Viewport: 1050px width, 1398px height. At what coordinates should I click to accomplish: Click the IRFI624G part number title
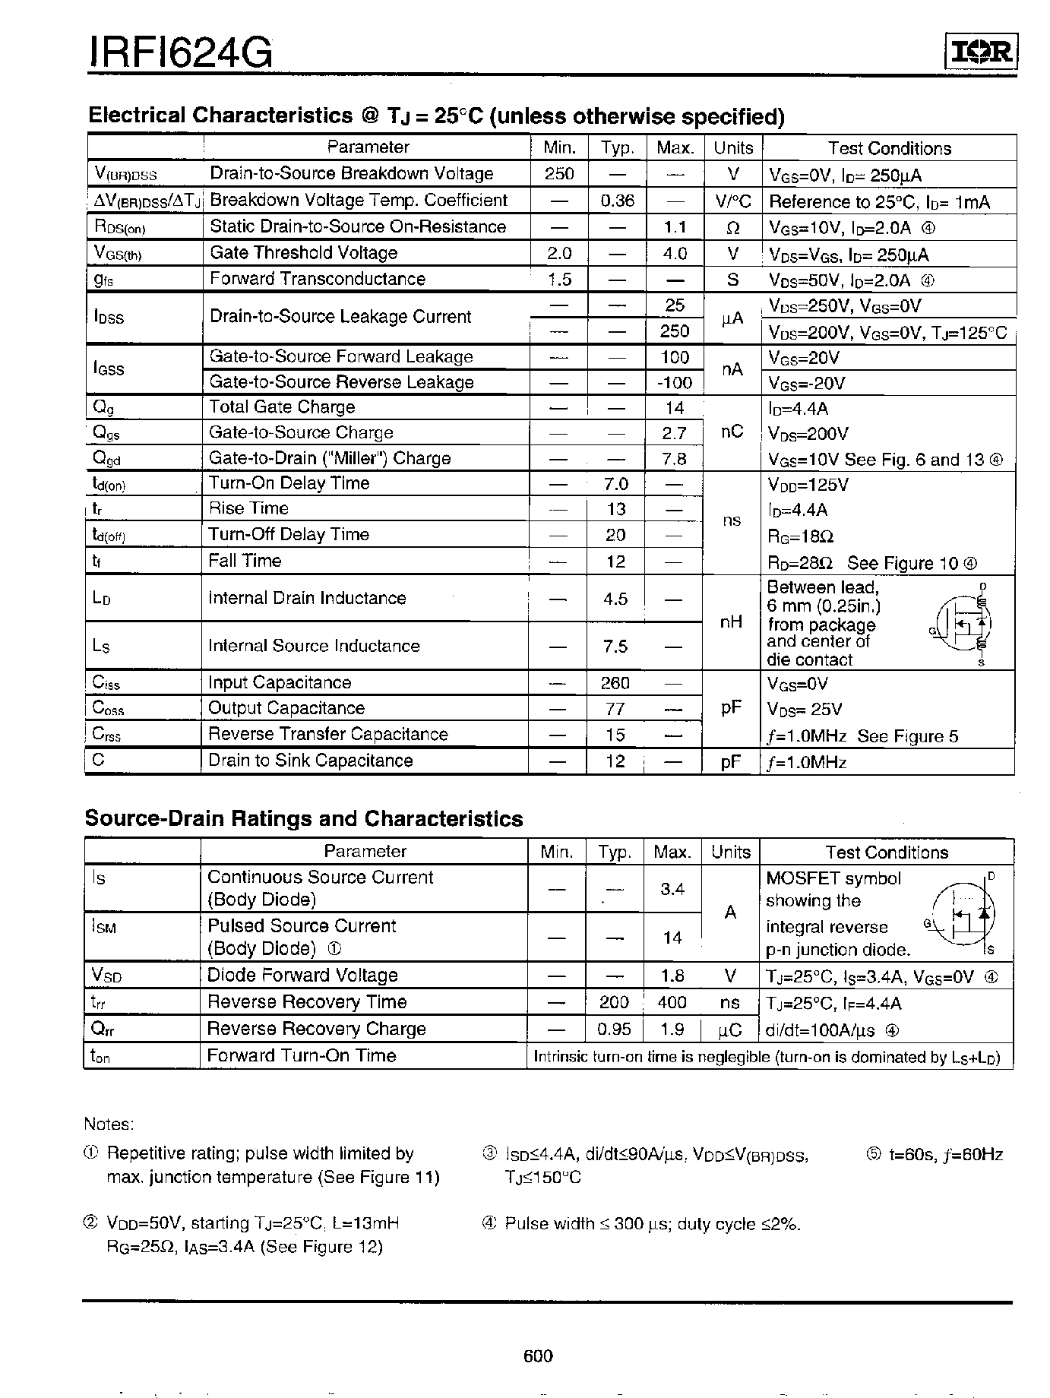pyautogui.click(x=181, y=54)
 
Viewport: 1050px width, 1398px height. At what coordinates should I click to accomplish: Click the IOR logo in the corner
pyautogui.click(x=980, y=52)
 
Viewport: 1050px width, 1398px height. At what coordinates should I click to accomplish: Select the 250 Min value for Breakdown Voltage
pyautogui.click(x=559, y=174)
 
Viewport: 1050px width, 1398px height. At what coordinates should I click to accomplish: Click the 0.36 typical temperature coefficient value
pyautogui.click(x=617, y=201)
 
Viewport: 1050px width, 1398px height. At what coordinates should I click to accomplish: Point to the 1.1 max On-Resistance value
pyautogui.click(x=675, y=227)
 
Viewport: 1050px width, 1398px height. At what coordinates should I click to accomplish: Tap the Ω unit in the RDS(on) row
pyautogui.click(x=732, y=227)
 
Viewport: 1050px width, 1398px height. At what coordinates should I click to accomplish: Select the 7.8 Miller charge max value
pyautogui.click(x=675, y=459)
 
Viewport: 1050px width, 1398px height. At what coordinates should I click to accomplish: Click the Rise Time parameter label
pyautogui.click(x=248, y=508)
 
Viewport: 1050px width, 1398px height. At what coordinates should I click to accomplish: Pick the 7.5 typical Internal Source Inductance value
pyautogui.click(x=615, y=646)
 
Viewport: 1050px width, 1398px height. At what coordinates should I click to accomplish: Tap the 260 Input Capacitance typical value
pyautogui.click(x=615, y=683)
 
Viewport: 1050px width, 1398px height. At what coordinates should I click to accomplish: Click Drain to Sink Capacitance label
pyautogui.click(x=310, y=761)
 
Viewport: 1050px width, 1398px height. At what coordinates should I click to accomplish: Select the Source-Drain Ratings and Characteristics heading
pyautogui.click(x=304, y=819)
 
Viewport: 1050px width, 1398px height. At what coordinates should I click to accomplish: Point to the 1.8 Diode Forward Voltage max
pyautogui.click(x=672, y=976)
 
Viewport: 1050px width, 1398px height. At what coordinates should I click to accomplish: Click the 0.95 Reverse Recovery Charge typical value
pyautogui.click(x=614, y=1029)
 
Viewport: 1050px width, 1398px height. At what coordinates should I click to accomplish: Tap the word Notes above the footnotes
pyautogui.click(x=109, y=1124)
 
